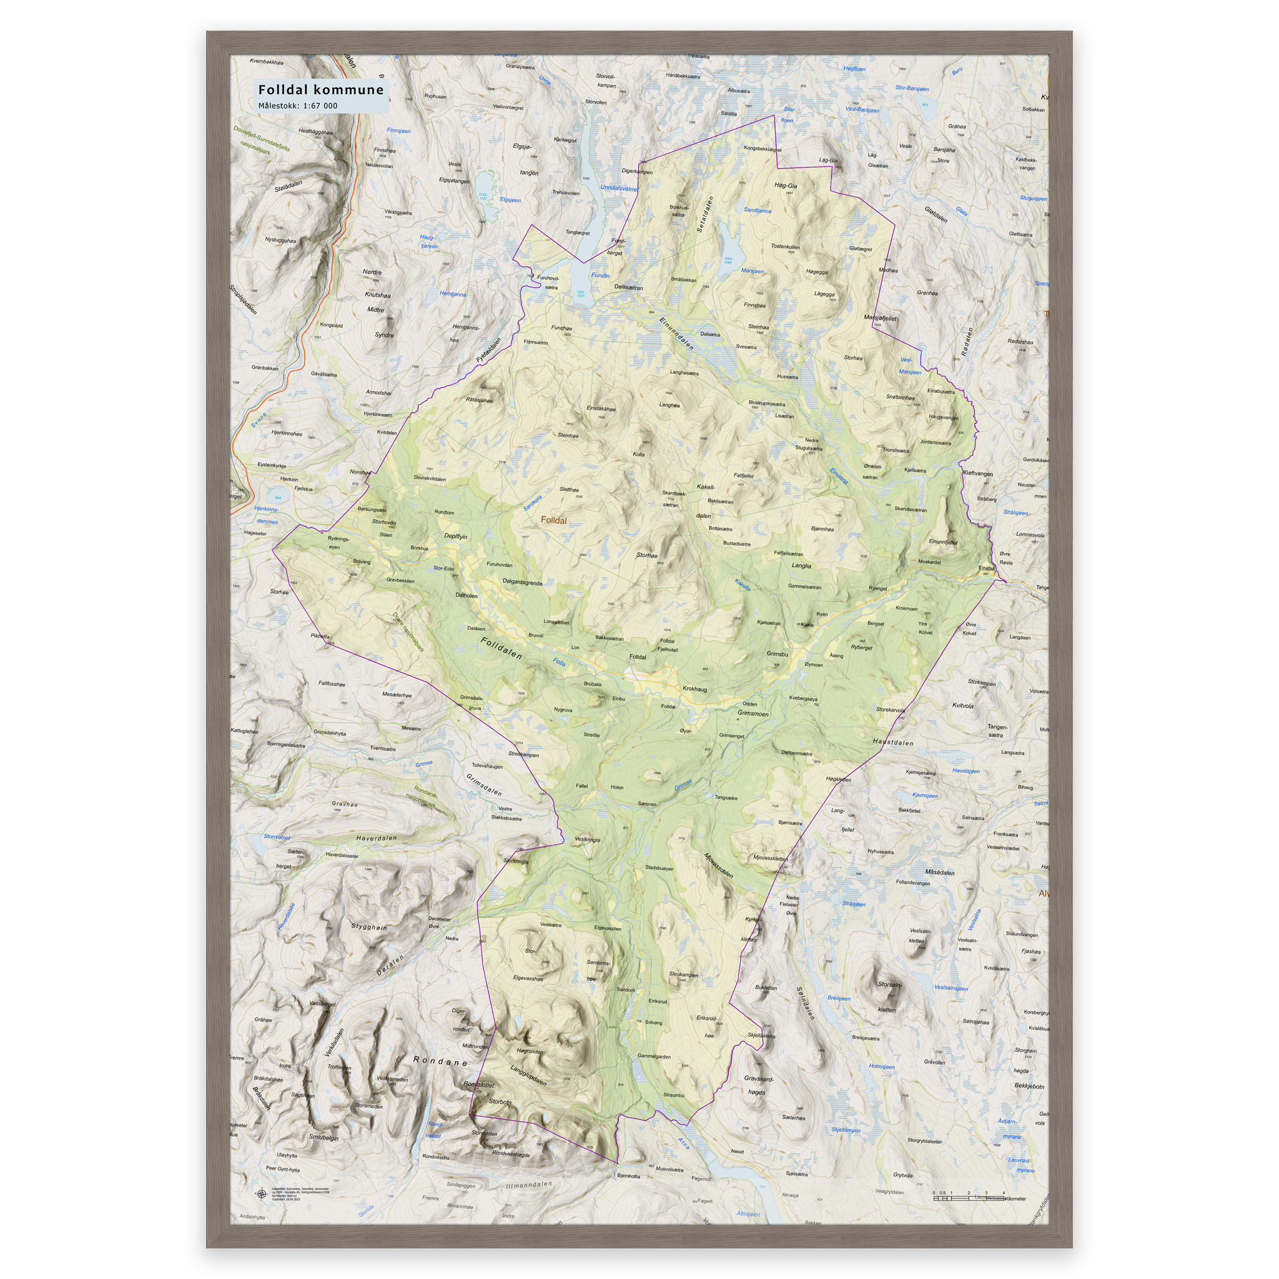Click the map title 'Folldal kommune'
(x=320, y=90)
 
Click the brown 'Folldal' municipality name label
(x=553, y=520)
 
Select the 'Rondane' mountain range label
(x=440, y=1061)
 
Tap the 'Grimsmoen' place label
(x=753, y=714)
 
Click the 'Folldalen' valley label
(x=501, y=648)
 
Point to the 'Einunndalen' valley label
(x=676, y=332)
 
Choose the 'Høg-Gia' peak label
(x=785, y=186)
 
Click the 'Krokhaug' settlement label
(x=694, y=689)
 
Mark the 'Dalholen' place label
(x=466, y=595)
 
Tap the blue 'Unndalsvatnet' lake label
(x=618, y=188)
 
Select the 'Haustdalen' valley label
(x=893, y=743)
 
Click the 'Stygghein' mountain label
(x=368, y=927)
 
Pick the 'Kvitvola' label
(x=962, y=706)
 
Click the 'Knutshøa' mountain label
(x=377, y=295)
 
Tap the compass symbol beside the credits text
(x=262, y=1194)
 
